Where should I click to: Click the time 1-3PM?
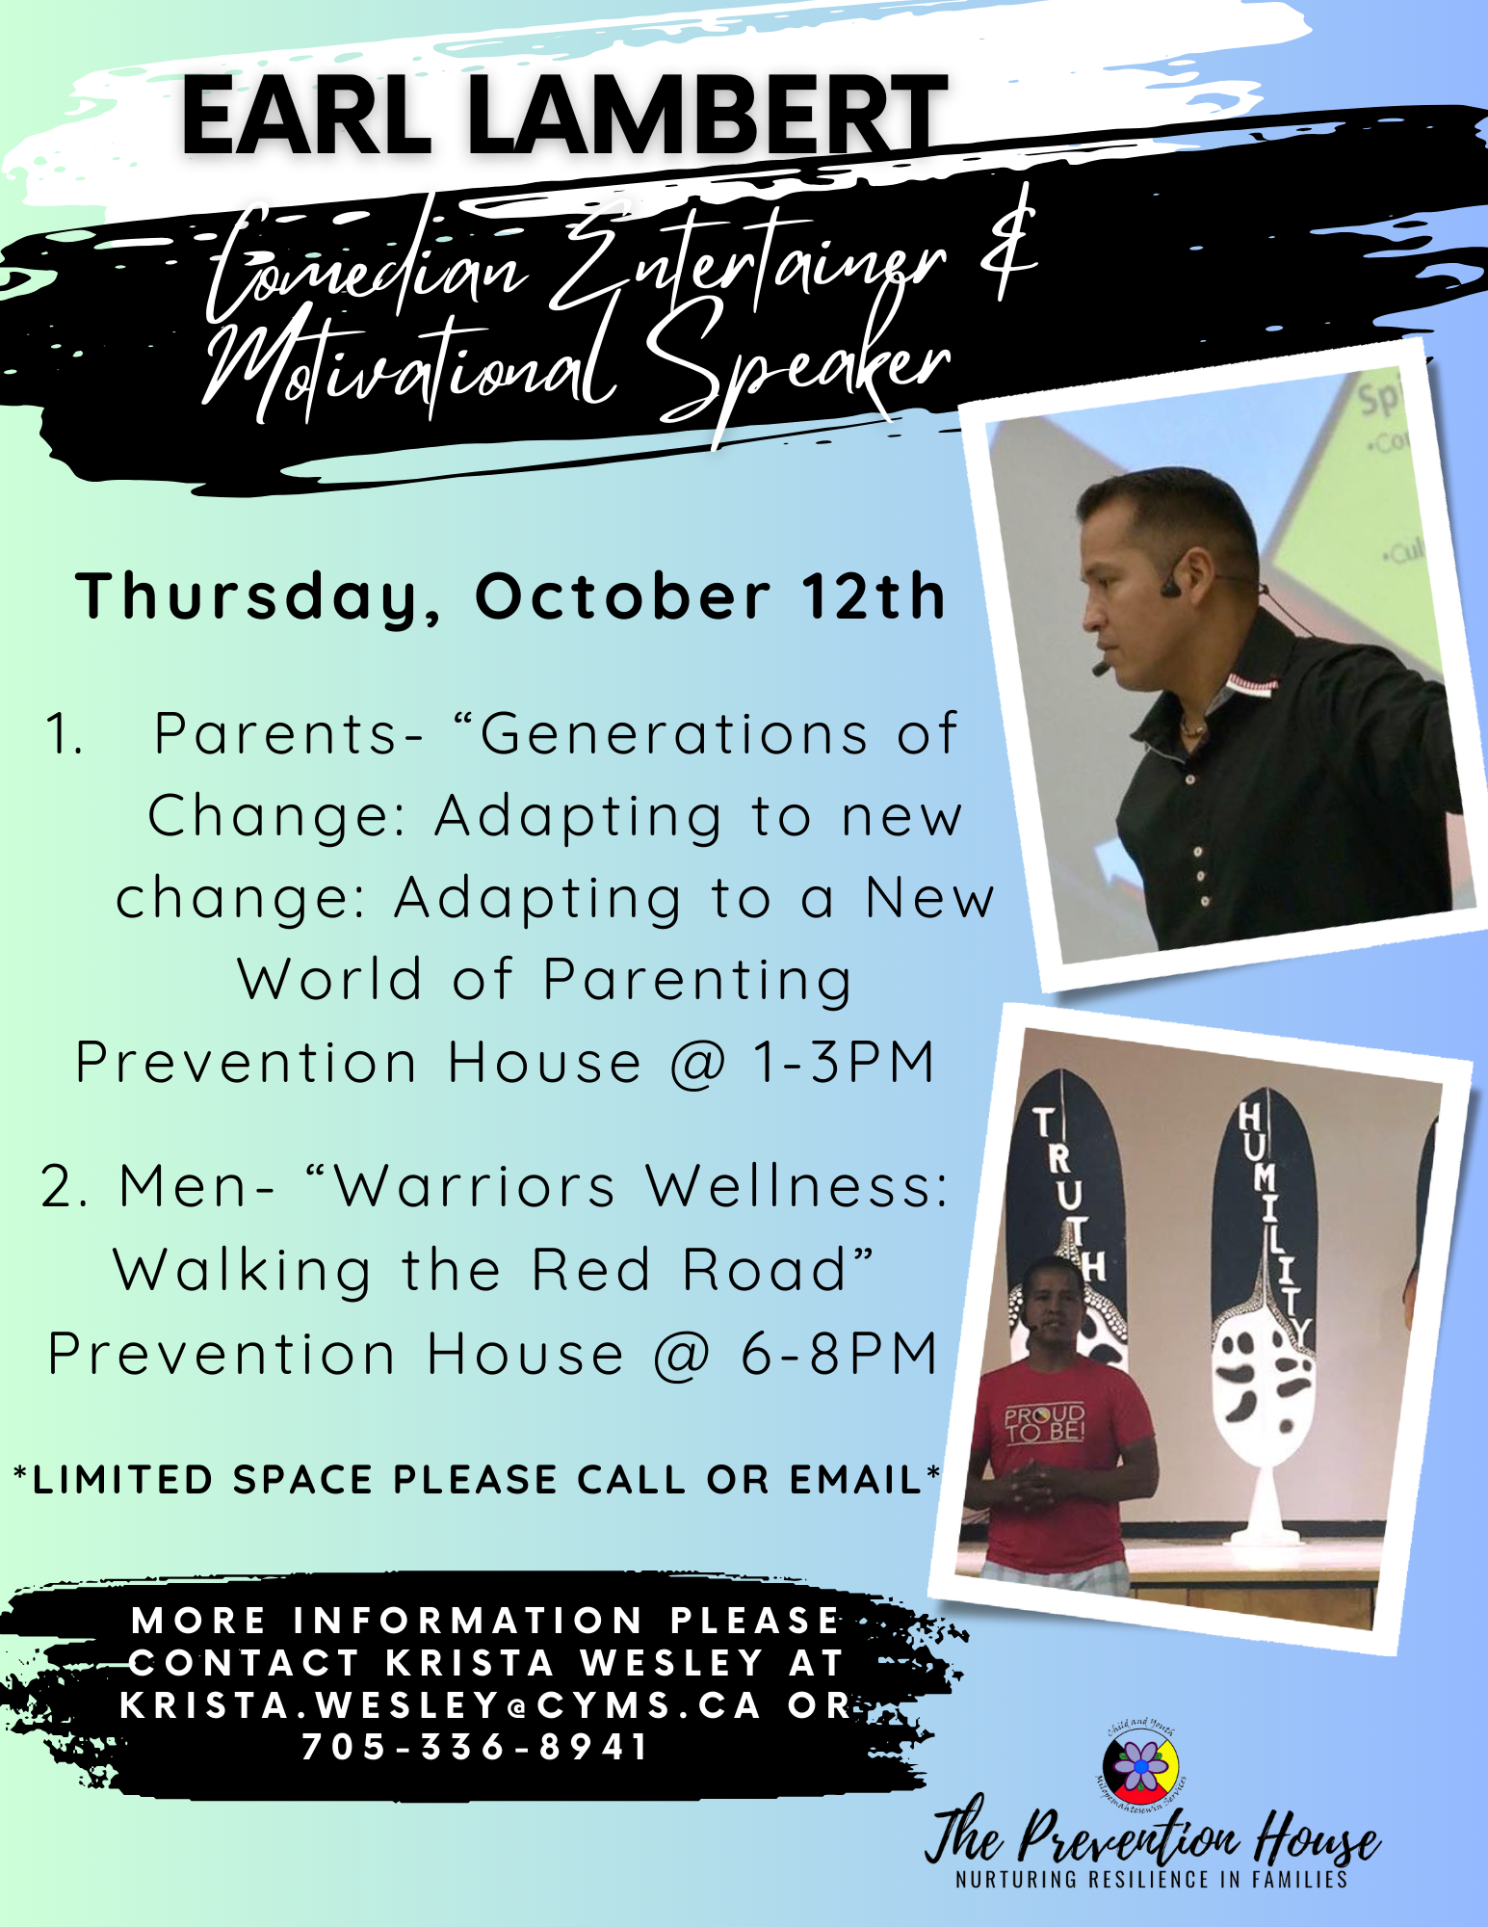click(x=845, y=1063)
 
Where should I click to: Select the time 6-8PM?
click(x=839, y=1355)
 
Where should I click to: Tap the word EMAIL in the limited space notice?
click(x=856, y=1480)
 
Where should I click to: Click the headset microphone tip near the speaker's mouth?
click(x=1098, y=667)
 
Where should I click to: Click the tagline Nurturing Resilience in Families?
click(x=1151, y=1879)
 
